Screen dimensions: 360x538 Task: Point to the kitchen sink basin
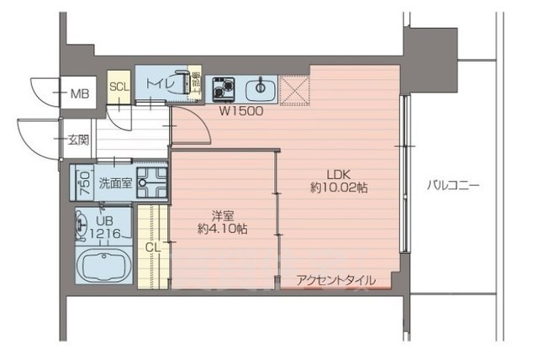pos(261,87)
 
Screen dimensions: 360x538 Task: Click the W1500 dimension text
pos(243,110)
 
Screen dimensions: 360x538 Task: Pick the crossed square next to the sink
pos(295,87)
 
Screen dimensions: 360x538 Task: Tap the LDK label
pos(338,173)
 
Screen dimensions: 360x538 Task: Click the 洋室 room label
pos(223,214)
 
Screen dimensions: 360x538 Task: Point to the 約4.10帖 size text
pos(223,228)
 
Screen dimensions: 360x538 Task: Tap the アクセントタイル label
pos(335,280)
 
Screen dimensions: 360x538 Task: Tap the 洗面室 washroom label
pos(113,183)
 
